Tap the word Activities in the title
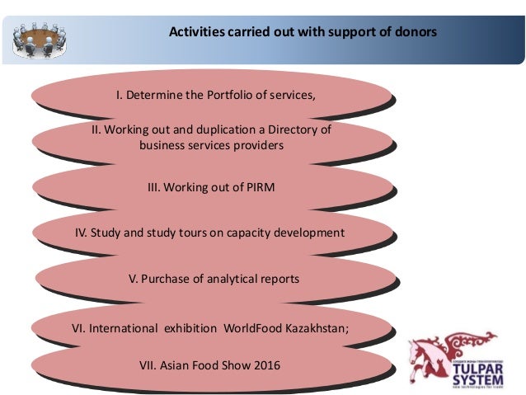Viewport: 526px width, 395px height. (x=197, y=33)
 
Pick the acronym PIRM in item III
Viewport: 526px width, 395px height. (x=256, y=187)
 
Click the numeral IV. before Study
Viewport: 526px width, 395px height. (x=81, y=233)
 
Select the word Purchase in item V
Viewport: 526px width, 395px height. (x=166, y=279)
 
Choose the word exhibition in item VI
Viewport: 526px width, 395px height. (x=189, y=328)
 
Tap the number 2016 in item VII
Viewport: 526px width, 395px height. (x=266, y=363)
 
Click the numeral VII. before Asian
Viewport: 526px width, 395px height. (x=153, y=363)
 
